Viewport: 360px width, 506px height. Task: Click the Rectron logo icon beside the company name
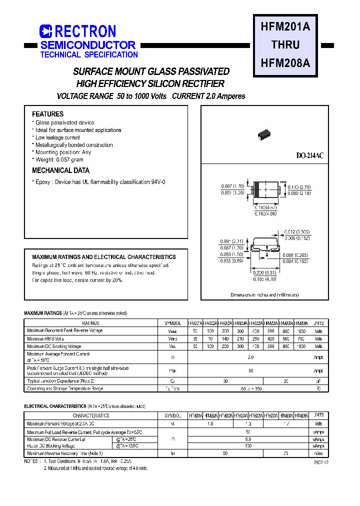point(46,31)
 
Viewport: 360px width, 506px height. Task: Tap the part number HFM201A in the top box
point(285,27)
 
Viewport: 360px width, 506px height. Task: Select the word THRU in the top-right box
point(285,45)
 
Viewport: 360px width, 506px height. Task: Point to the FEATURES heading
point(48,114)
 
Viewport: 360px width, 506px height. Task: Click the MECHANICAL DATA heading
point(60,170)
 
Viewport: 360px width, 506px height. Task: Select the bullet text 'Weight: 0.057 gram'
point(59,160)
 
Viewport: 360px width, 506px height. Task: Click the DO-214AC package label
point(310,156)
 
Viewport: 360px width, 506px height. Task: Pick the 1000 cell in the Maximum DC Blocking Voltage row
point(301,346)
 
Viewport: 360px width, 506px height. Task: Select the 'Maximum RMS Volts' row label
point(45,338)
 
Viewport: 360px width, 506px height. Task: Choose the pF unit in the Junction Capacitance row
point(318,381)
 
